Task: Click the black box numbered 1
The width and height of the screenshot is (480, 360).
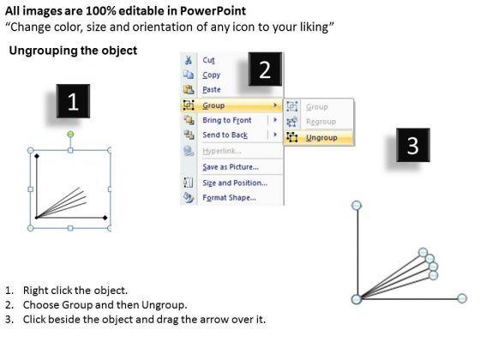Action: [73, 101]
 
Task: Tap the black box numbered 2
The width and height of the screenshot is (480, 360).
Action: [265, 69]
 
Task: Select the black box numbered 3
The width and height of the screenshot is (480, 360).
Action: [413, 145]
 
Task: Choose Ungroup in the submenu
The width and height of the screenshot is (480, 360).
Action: [321, 138]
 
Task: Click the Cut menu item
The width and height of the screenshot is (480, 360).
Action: [208, 60]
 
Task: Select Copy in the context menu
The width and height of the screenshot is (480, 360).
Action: [211, 75]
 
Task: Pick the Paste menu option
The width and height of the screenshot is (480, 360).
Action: [212, 89]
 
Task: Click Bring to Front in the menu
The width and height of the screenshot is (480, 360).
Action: [227, 120]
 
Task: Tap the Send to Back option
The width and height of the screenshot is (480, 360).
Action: [225, 135]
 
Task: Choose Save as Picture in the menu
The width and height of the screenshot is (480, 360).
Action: [231, 167]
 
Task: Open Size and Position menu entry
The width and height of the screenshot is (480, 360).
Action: [235, 183]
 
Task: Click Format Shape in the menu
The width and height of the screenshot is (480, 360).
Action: [229, 197]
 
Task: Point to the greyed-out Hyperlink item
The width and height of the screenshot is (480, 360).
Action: [222, 151]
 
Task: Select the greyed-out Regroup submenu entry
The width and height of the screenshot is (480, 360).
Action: [321, 122]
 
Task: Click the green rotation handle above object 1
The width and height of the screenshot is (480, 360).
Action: [70, 134]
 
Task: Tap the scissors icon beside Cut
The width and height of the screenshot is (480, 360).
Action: [189, 60]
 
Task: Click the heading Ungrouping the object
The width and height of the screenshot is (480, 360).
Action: [73, 51]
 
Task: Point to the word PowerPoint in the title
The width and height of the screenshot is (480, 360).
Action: [213, 11]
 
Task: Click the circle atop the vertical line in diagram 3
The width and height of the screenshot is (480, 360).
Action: [357, 206]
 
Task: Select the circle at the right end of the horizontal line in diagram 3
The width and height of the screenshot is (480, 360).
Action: [462, 298]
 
